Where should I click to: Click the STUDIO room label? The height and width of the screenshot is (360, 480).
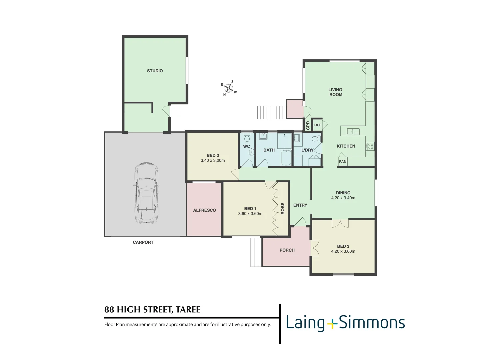155,71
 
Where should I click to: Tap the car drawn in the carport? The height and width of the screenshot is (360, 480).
146,193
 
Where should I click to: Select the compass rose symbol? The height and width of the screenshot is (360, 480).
229,88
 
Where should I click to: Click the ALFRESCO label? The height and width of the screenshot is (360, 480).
204,210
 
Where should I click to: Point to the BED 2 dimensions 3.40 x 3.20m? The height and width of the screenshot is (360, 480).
213,161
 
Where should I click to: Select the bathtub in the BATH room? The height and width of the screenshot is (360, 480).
286,158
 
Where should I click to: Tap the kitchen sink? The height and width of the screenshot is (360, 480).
353,131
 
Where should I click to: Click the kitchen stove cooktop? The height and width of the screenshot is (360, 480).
370,146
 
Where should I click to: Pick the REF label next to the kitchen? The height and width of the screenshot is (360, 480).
318,125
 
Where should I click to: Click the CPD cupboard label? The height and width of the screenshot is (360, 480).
308,125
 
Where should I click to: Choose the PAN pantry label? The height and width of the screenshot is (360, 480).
342,162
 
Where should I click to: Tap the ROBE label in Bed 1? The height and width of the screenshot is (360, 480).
283,208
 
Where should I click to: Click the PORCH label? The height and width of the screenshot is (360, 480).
287,250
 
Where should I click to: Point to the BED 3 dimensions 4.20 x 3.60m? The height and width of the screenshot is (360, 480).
343,252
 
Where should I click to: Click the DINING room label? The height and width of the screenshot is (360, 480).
343,193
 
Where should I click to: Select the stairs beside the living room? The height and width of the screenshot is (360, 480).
271,112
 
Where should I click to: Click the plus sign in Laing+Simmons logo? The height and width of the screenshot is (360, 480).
332,323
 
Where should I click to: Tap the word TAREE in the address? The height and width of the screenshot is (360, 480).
188,310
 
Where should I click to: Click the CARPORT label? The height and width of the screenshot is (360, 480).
143,242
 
